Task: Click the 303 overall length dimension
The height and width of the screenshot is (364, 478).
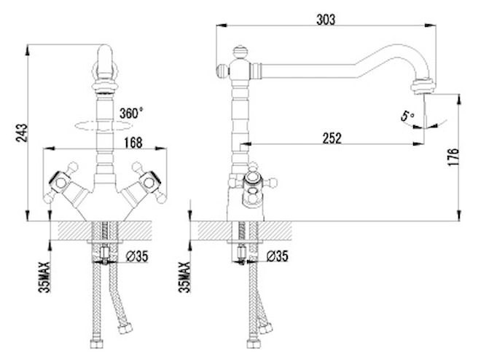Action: [x=326, y=20]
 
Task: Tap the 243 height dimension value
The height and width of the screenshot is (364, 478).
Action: [x=22, y=132]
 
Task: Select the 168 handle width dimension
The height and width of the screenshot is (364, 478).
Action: [x=133, y=143]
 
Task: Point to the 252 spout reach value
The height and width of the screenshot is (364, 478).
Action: [x=332, y=138]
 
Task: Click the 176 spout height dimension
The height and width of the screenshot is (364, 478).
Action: [x=454, y=157]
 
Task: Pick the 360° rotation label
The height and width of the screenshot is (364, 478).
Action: [x=130, y=114]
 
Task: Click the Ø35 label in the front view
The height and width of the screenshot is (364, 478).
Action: [x=137, y=256]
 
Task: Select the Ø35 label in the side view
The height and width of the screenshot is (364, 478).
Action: [x=277, y=256]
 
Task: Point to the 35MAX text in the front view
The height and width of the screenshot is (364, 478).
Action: [x=44, y=277]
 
